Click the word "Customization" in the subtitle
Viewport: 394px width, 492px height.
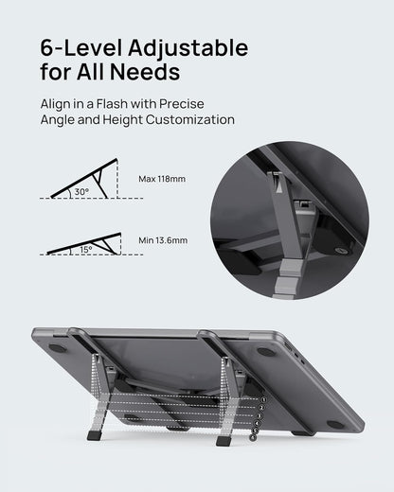pos(189,120)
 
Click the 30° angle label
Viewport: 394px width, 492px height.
pos(81,191)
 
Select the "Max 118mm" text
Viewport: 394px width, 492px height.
pos(162,179)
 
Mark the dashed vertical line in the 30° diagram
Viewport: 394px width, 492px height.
pos(116,180)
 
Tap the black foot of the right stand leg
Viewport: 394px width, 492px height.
pos(224,440)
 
